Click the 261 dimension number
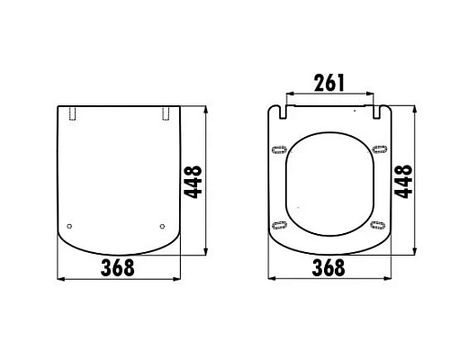[328, 84]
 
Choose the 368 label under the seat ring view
[331, 267]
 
